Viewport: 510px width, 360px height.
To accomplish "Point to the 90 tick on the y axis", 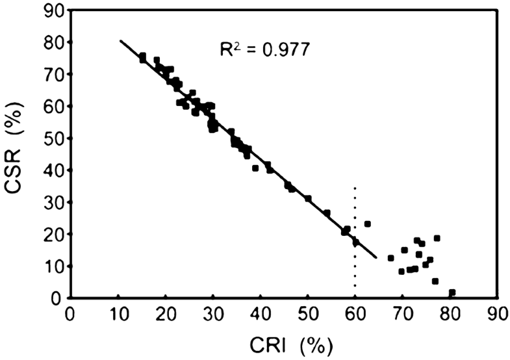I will [53, 10].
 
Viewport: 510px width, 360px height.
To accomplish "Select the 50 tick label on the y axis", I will [53, 138].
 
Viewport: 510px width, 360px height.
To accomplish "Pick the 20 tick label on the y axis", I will [53, 234].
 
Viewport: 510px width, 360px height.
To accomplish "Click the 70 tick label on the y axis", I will [53, 74].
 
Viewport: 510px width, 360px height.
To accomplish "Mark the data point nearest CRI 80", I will [452, 292].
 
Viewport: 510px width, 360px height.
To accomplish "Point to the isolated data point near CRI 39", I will [255, 168].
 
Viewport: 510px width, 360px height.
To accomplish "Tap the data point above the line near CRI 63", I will [368, 224].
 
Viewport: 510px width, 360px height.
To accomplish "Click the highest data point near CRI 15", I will [142, 56].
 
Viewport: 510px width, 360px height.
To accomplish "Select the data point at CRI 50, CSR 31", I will [308, 198].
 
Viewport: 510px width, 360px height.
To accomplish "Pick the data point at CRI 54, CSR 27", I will [327, 212].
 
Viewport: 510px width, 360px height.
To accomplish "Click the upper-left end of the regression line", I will [120, 40].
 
